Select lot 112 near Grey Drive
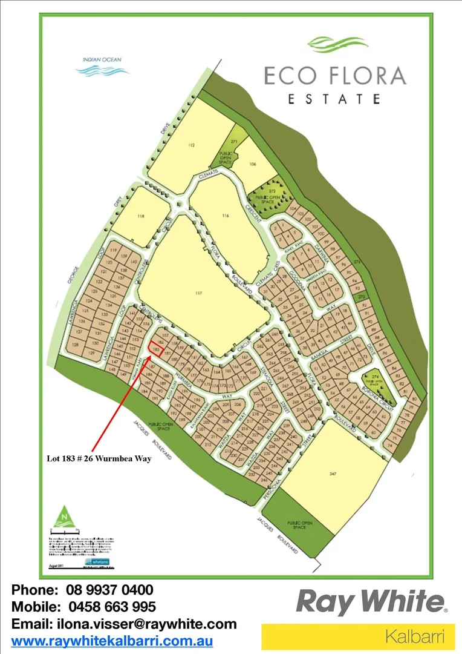(190, 146)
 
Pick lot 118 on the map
(142, 216)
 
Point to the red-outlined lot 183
(156, 349)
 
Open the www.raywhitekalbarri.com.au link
(112, 640)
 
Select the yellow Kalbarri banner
(358, 636)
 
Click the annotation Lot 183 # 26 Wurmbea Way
(99, 458)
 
